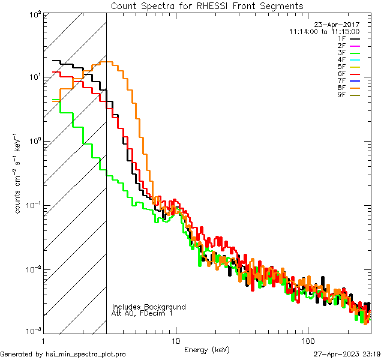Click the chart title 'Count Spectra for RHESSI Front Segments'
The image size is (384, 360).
coord(207,6)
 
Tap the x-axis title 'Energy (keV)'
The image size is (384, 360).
coord(207,349)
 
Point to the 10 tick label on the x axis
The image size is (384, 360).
coord(175,340)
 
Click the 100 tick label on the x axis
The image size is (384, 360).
coord(307,340)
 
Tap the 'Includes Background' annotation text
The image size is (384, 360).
coord(149,307)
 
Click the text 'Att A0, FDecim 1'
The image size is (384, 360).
coord(142,313)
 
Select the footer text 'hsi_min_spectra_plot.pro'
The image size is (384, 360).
coord(85,354)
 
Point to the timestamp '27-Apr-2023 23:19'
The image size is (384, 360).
coord(347,354)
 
